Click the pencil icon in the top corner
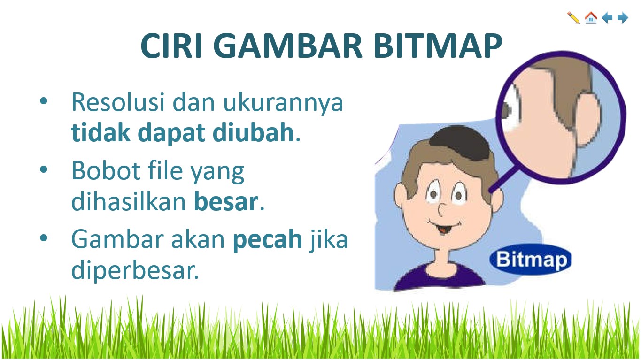tap(573, 18)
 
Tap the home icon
tap(590, 18)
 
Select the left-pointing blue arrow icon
tap(607, 18)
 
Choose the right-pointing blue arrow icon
tap(623, 18)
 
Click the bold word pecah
tap(268, 239)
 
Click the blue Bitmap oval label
tap(531, 260)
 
